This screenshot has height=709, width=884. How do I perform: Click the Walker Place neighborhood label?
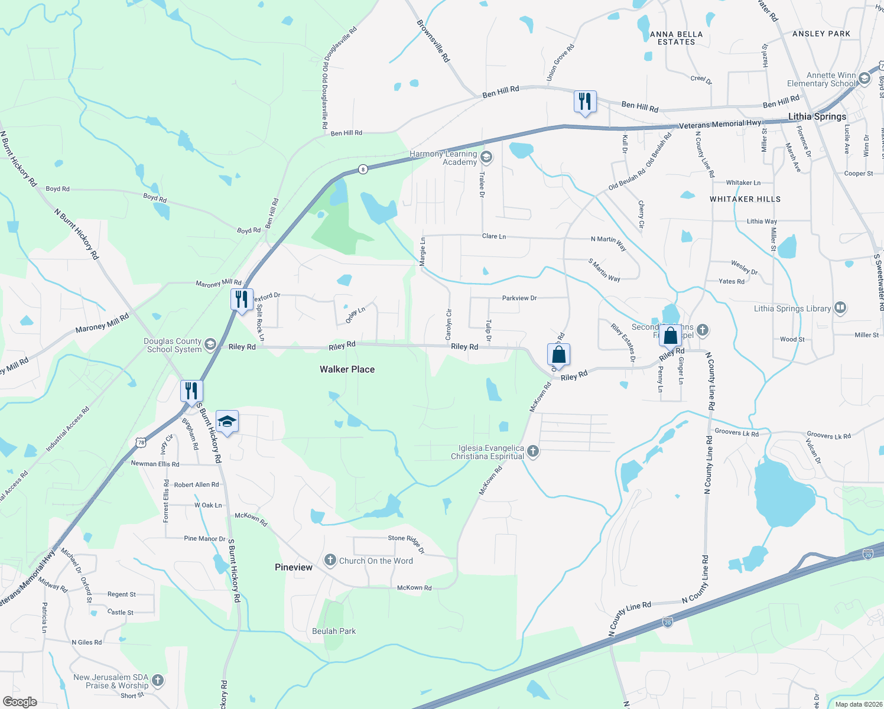[x=347, y=369]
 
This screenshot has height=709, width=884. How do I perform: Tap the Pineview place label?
[x=294, y=567]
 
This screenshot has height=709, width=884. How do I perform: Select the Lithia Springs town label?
[x=817, y=116]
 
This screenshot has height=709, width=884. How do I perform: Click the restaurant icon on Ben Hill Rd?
[x=584, y=102]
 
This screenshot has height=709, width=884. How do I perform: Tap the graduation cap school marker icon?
[x=227, y=421]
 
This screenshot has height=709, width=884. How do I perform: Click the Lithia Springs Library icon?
[x=840, y=308]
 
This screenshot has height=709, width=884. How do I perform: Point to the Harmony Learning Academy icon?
[x=486, y=157]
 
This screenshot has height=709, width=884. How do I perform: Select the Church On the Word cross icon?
[x=330, y=560]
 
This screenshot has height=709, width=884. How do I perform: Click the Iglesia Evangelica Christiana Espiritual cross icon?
[x=533, y=452]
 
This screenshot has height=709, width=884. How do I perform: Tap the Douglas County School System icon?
[x=210, y=344]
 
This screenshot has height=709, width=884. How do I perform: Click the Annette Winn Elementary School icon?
[x=864, y=79]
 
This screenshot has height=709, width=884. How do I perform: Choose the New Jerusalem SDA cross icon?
[x=158, y=681]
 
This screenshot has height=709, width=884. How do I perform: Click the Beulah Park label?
[x=334, y=631]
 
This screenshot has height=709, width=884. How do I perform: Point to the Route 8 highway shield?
[x=363, y=169]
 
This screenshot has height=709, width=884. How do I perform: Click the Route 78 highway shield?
[x=140, y=442]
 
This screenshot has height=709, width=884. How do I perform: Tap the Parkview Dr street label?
[x=519, y=298]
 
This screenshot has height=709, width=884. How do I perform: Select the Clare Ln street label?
[x=494, y=236]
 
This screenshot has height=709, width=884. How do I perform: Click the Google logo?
[x=19, y=702]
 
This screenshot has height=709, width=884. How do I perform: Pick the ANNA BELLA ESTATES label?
[x=677, y=38]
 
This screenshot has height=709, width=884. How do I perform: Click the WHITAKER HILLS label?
[x=745, y=199]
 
